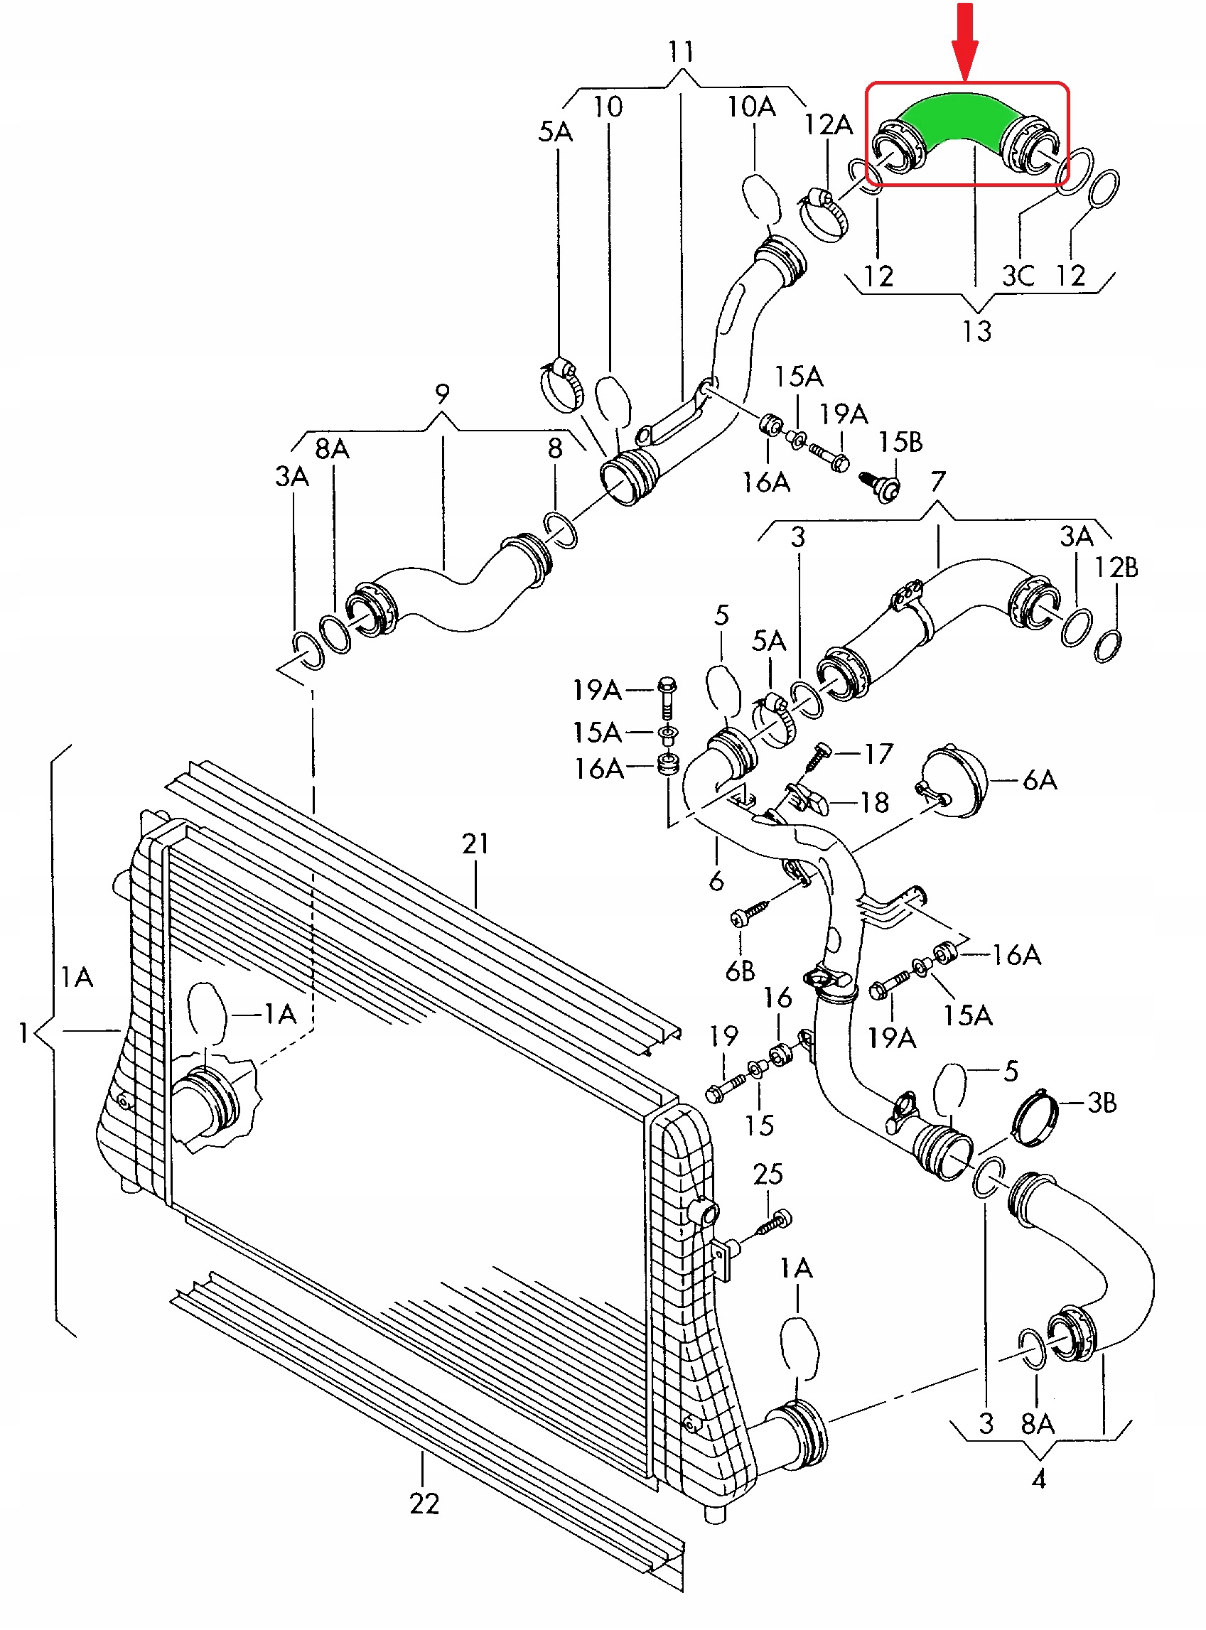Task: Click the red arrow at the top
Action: pyautogui.click(x=965, y=41)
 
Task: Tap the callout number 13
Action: pyautogui.click(x=976, y=331)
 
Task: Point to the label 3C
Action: pyautogui.click(x=1018, y=276)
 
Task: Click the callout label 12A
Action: pyautogui.click(x=828, y=125)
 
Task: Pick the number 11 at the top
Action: pyautogui.click(x=681, y=52)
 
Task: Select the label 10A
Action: pyautogui.click(x=751, y=107)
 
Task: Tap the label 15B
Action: pyautogui.click(x=900, y=442)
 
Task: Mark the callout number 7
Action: pyautogui.click(x=938, y=481)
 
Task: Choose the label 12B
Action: pyautogui.click(x=1116, y=567)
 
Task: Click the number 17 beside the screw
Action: pyautogui.click(x=879, y=753)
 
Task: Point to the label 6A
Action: pyautogui.click(x=1040, y=780)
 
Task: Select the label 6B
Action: pyautogui.click(x=741, y=971)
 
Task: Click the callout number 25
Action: pyautogui.click(x=768, y=1175)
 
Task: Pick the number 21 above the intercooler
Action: pyautogui.click(x=475, y=844)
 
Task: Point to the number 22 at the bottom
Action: pyautogui.click(x=424, y=1504)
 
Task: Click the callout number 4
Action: pyautogui.click(x=1039, y=1479)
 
